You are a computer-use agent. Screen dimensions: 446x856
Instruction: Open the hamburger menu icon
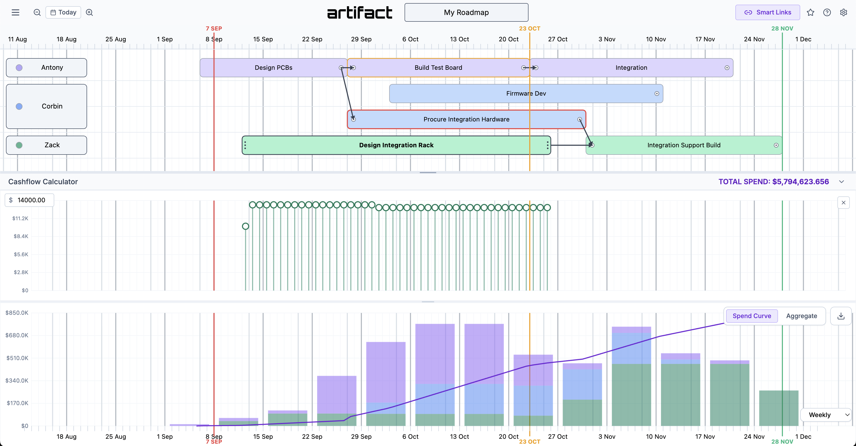click(x=15, y=12)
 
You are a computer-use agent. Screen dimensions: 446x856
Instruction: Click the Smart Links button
click(x=767, y=12)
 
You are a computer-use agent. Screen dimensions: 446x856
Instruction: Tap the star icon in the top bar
click(x=811, y=12)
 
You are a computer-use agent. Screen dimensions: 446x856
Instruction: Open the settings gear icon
click(x=843, y=12)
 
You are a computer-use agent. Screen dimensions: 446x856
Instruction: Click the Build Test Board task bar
click(x=438, y=68)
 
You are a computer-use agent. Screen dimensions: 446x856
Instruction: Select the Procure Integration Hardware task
click(x=466, y=119)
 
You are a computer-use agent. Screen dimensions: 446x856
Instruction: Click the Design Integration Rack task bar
click(x=396, y=145)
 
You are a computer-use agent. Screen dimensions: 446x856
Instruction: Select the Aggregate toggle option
click(x=801, y=316)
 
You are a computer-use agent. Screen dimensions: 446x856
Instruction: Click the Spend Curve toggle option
click(x=752, y=316)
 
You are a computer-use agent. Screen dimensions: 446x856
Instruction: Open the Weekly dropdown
click(x=826, y=415)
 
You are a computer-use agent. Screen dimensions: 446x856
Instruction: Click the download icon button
click(x=841, y=316)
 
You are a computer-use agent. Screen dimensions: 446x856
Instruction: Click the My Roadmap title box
click(x=466, y=12)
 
